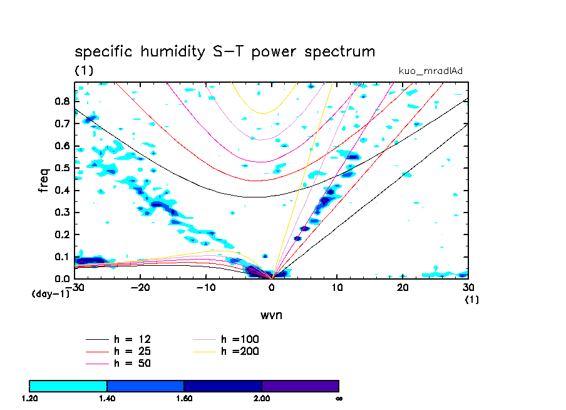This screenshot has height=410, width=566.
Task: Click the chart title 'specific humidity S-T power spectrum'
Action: pyautogui.click(x=225, y=51)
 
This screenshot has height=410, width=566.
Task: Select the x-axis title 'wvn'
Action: pyautogui.click(x=272, y=314)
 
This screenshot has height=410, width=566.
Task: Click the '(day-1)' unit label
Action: pyautogui.click(x=51, y=293)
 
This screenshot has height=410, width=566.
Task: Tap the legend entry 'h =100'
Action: pyautogui.click(x=240, y=339)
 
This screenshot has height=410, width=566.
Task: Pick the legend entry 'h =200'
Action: pyautogui.click(x=240, y=351)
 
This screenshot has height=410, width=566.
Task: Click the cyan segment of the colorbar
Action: pyautogui.click(x=68, y=386)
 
